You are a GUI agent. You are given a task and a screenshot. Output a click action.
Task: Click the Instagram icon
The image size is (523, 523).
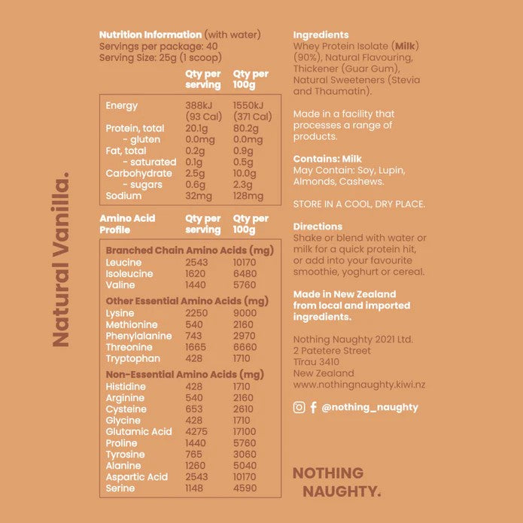[299, 407]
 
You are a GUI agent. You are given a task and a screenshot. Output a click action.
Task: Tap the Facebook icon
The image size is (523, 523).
[313, 407]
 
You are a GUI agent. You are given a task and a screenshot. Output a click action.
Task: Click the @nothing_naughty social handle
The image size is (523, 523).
[369, 407]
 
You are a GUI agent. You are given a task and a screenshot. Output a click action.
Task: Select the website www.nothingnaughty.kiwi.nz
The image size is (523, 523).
[359, 385]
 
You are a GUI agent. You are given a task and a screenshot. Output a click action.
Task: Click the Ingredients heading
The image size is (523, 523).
[321, 35]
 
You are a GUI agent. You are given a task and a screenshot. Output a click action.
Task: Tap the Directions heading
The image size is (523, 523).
[318, 227]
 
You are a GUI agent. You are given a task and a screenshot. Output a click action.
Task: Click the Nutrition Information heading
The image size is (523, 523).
[150, 35]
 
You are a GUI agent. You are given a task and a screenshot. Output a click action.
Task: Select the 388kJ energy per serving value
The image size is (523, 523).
[200, 106]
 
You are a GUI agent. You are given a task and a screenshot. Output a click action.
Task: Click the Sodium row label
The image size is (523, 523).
[123, 196]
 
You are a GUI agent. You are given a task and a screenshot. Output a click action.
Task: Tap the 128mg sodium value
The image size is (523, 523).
[248, 196]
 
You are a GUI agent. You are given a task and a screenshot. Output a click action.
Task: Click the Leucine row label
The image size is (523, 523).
[123, 263]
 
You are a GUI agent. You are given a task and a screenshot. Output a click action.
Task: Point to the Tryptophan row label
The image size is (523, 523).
[133, 358]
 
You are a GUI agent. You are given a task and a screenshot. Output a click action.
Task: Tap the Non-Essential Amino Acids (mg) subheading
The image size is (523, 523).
[184, 374]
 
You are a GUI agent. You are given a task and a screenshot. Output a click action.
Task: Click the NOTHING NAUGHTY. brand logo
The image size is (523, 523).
[336, 482]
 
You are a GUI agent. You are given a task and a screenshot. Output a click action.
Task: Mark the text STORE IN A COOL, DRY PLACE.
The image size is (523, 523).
[359, 204]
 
